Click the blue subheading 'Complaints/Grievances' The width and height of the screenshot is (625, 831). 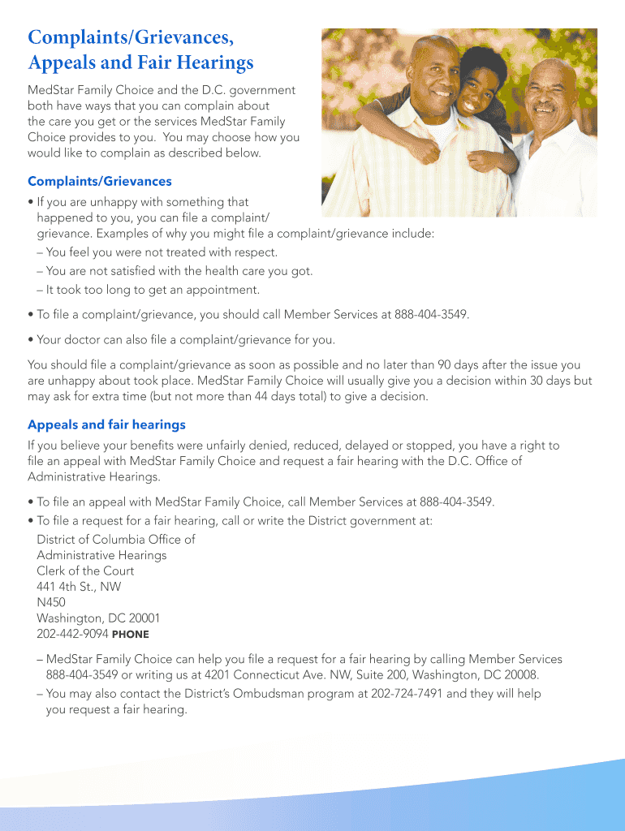pos(100,182)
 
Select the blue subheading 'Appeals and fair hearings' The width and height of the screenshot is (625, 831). pos(106,424)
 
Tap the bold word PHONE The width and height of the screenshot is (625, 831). pos(130,635)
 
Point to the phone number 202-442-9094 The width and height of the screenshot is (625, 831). pos(72,634)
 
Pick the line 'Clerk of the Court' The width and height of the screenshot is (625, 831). pos(85,571)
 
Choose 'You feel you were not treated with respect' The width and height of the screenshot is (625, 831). pos(162,252)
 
